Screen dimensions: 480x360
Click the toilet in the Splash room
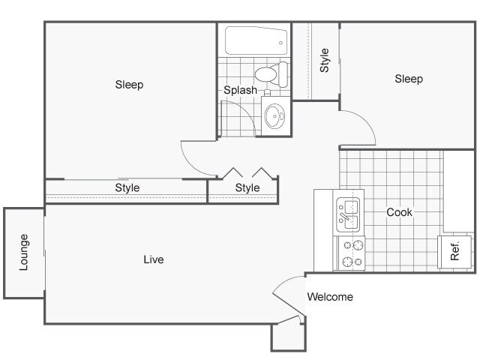click(x=271, y=74)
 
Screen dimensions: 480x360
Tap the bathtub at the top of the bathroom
click(x=256, y=40)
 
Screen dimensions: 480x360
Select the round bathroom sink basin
click(x=274, y=116)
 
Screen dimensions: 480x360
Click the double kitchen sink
click(x=347, y=214)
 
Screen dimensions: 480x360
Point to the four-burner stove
click(x=351, y=253)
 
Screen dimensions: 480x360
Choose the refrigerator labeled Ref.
click(x=454, y=252)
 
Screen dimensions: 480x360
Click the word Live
click(x=154, y=259)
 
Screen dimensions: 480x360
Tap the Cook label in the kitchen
click(x=399, y=212)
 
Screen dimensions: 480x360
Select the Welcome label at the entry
click(x=330, y=297)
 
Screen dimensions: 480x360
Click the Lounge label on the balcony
click(x=24, y=252)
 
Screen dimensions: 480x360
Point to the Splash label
click(x=240, y=90)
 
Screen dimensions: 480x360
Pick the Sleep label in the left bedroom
click(x=129, y=85)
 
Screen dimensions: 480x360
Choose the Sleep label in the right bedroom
click(x=409, y=79)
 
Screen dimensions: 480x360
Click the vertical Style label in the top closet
click(x=325, y=60)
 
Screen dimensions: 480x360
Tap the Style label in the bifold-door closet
click(x=247, y=187)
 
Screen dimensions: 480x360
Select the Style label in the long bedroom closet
click(x=127, y=187)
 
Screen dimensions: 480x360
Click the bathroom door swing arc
click(x=247, y=112)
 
